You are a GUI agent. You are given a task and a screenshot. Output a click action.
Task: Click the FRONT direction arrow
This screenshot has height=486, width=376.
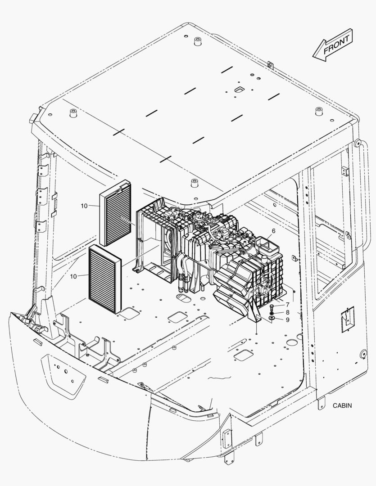(333, 45)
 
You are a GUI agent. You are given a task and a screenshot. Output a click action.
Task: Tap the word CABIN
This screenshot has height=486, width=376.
(342, 405)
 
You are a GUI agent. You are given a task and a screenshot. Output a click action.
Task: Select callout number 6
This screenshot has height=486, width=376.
(273, 231)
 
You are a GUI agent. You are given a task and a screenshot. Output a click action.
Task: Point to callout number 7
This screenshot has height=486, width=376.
(288, 305)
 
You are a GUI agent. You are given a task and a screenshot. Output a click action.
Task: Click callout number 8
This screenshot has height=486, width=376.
(288, 312)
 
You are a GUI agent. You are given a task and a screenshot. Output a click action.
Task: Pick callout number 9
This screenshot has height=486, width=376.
(288, 319)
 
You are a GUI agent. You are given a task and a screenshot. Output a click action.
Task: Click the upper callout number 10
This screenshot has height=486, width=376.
(84, 206)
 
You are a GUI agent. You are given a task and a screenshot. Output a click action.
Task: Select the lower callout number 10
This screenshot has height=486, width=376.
(73, 276)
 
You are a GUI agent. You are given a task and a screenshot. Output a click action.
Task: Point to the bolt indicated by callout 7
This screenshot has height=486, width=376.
(272, 308)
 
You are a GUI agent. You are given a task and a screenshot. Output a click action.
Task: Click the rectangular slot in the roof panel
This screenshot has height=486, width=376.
(240, 89)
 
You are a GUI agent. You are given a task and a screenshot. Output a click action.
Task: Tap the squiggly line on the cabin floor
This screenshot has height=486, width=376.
(220, 378)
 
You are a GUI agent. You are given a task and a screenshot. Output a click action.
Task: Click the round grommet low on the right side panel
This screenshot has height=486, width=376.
(362, 354)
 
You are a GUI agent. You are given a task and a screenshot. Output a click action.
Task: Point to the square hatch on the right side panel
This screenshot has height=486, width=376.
(348, 319)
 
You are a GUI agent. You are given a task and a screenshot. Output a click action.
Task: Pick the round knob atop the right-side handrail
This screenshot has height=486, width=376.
(357, 143)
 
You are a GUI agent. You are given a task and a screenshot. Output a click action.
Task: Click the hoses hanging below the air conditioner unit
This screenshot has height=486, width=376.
(184, 276)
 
